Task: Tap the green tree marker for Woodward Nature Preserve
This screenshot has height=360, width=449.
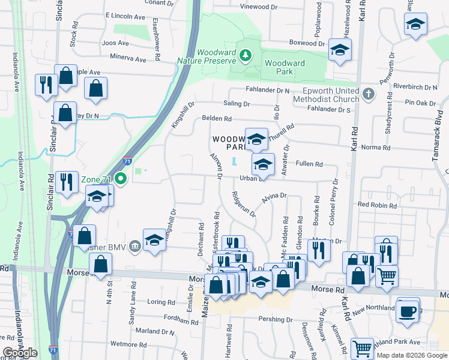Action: click(x=245, y=56)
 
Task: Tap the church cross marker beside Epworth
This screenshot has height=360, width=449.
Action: click(x=369, y=94)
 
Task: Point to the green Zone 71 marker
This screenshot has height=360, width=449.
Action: click(x=121, y=178)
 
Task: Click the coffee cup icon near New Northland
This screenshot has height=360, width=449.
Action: click(x=408, y=312)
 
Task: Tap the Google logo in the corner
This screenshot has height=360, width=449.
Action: click(x=20, y=352)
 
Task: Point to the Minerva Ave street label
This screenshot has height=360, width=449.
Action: click(x=128, y=59)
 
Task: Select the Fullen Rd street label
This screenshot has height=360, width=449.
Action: click(x=310, y=164)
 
